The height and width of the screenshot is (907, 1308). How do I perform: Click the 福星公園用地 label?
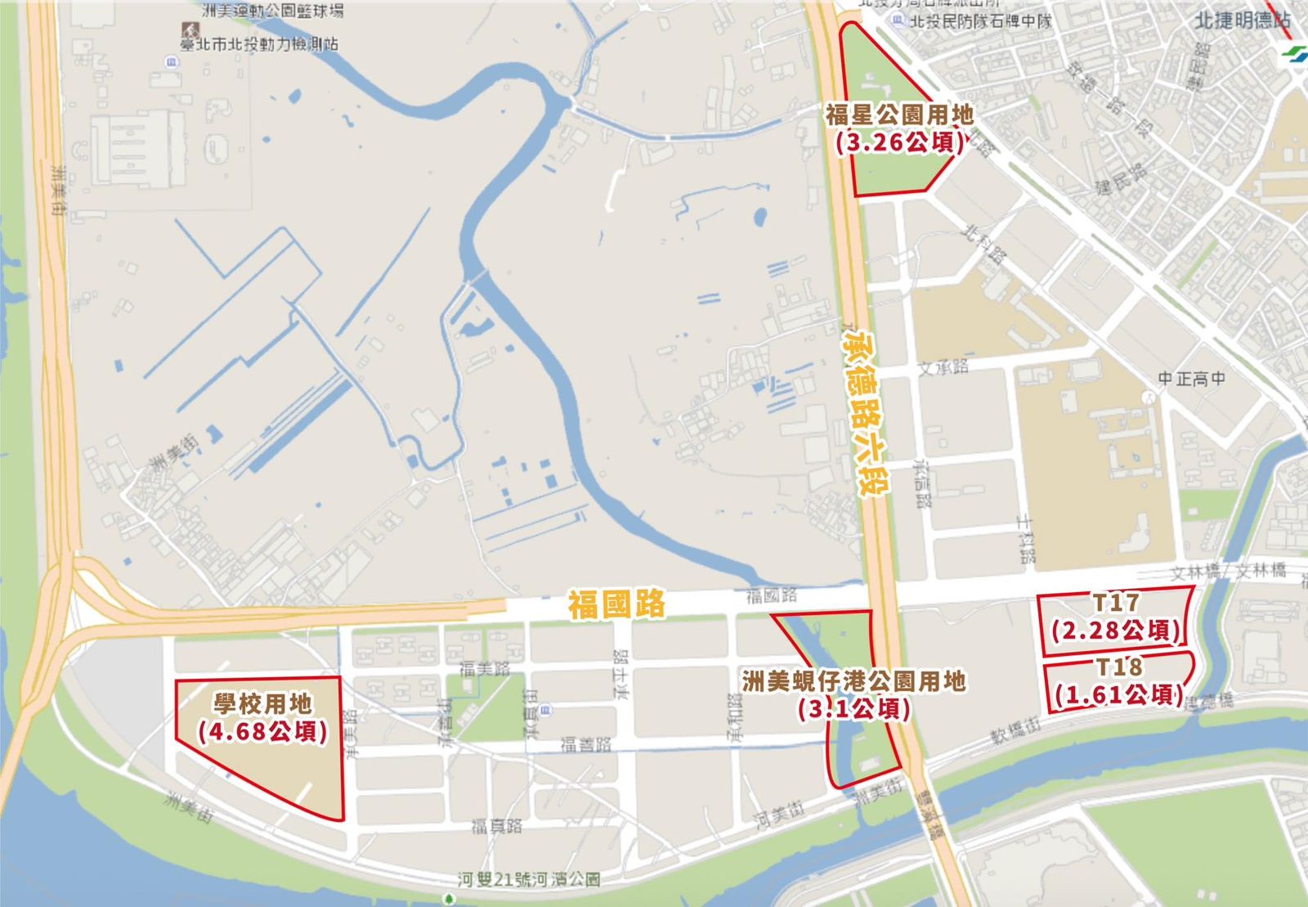[x=899, y=115]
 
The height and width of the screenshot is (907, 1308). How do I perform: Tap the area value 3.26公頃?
[x=899, y=143]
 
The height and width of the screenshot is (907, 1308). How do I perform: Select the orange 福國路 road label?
[x=617, y=605]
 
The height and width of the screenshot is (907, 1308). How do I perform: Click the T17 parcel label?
[x=1116, y=603]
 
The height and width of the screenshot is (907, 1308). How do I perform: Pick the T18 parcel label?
[x=1118, y=667]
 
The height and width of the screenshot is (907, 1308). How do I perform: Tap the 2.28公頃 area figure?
[x=1116, y=631]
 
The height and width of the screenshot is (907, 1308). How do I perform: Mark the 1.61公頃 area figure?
[x=1118, y=694]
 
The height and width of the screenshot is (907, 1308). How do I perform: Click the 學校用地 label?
[x=262, y=703]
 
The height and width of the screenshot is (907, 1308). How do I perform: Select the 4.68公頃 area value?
[x=262, y=731]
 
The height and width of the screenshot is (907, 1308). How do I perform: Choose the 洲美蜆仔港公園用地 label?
[x=854, y=681]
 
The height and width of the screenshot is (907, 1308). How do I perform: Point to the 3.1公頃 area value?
[x=854, y=709]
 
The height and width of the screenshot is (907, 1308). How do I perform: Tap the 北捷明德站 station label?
[x=1242, y=20]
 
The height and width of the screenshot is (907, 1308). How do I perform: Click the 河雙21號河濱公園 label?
[x=529, y=880]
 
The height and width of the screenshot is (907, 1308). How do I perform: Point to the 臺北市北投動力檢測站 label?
[x=260, y=44]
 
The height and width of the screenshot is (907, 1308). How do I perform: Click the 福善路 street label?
[x=585, y=744]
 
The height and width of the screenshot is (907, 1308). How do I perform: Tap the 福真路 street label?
[x=496, y=826]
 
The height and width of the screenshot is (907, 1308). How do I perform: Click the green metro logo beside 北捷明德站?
[x=1295, y=54]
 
